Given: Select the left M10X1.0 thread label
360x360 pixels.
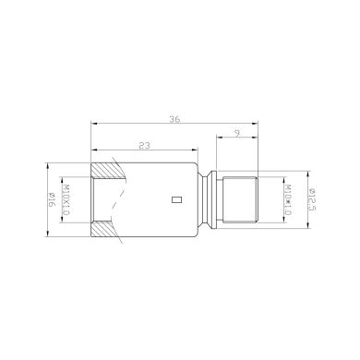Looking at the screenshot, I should (x=66, y=198).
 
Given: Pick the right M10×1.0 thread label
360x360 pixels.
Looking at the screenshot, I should (x=288, y=198).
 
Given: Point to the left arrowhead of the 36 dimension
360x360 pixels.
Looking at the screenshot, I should (x=93, y=124).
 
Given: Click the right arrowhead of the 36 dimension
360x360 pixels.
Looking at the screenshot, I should (x=255, y=124).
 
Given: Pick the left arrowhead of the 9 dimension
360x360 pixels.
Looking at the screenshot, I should (x=218, y=139).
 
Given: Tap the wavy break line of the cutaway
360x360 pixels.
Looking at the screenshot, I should (x=114, y=198).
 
